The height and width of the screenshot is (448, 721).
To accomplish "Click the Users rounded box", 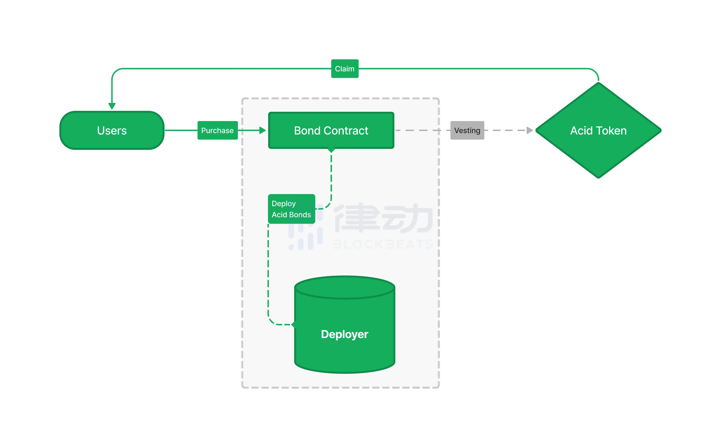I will [x=112, y=130].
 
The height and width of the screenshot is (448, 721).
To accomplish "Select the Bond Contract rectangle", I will [x=331, y=130].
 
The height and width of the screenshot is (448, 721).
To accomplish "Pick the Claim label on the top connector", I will [x=345, y=69].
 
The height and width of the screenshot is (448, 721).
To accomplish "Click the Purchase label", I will [x=217, y=130].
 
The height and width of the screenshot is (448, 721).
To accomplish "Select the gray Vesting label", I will [x=467, y=130].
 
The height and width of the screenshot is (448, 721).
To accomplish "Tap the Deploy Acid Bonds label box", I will [x=291, y=209].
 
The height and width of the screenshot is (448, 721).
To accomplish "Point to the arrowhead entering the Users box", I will [x=112, y=106].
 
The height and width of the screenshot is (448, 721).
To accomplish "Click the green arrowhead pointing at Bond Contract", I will [x=262, y=130].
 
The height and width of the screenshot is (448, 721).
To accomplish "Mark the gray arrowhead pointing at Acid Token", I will [x=530, y=130].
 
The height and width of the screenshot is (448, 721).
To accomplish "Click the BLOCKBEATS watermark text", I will [x=382, y=244].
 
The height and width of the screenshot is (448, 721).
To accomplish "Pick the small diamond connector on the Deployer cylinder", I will [x=294, y=325].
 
